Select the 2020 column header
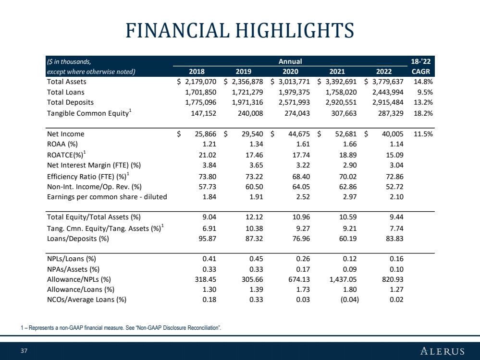click(290, 72)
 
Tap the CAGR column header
click(421, 72)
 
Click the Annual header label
click(290, 61)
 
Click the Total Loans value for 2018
click(200, 92)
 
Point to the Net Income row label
click(65, 134)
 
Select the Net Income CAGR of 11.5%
click(423, 134)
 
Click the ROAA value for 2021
click(350, 144)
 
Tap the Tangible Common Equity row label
click(89, 113)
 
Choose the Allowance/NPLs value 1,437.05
click(343, 279)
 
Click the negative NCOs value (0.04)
click(350, 300)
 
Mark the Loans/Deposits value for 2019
click(254, 239)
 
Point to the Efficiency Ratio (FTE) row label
click(88, 176)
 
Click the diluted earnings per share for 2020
click(303, 197)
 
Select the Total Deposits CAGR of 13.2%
click(423, 102)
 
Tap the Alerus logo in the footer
click(442, 351)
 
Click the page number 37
click(24, 351)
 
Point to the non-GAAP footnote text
click(121, 328)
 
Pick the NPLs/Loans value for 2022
click(396, 259)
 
